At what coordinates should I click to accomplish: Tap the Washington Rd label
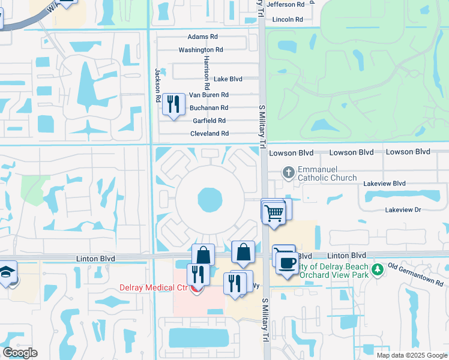[200, 50]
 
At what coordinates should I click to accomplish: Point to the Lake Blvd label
[228, 79]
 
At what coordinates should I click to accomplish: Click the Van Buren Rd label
[208, 95]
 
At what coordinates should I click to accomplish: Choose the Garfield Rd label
[209, 121]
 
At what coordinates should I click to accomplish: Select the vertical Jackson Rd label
[158, 84]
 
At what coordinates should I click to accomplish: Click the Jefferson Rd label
[289, 4]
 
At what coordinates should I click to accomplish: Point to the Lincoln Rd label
[288, 19]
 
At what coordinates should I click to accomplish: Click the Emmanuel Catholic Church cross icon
[288, 173]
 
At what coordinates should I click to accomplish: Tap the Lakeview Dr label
[403, 210]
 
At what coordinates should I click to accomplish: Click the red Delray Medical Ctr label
[155, 287]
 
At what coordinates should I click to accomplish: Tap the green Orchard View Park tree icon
[377, 269]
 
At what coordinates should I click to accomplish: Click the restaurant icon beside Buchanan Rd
[173, 104]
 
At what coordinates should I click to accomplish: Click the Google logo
[20, 353]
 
